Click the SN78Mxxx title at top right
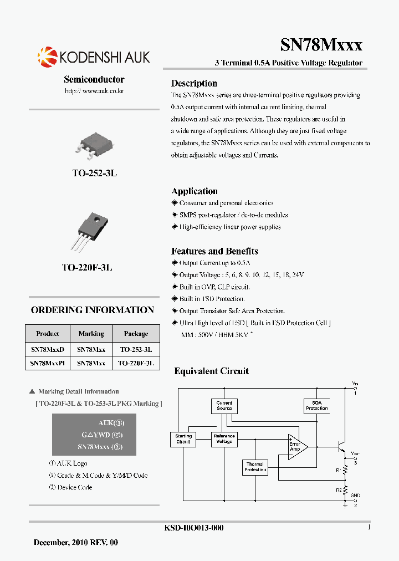pyautogui.click(x=321, y=45)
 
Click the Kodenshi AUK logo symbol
pyautogui.click(x=47, y=57)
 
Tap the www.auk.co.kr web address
pyautogui.click(x=94, y=90)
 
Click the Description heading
pyautogui.click(x=194, y=84)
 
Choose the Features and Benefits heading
pyautogui.click(x=214, y=251)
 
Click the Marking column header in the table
pyautogui.click(x=91, y=334)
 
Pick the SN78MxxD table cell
pyautogui.click(x=48, y=350)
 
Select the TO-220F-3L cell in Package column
pyautogui.click(x=136, y=364)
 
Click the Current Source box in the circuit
pyautogui.click(x=224, y=406)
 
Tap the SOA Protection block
pyautogui.click(x=317, y=406)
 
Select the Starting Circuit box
pyautogui.click(x=183, y=439)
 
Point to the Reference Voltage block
pyautogui.click(x=224, y=439)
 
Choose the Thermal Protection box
pyautogui.click(x=255, y=467)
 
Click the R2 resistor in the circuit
pyautogui.click(x=345, y=491)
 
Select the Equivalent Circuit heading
pyautogui.click(x=211, y=371)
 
